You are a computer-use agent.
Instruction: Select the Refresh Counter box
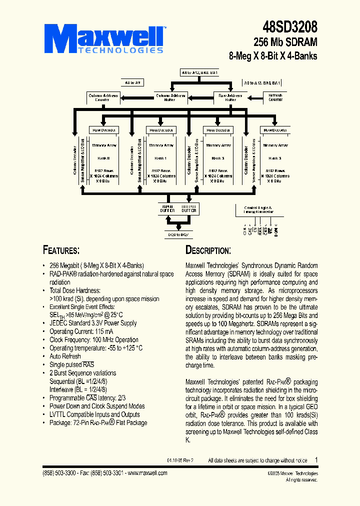[275, 97]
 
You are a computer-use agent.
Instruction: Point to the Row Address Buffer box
[230, 97]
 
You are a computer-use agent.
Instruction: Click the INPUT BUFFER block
[166, 209]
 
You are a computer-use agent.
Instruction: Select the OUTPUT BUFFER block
[189, 209]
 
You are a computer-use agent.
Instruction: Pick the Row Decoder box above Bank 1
[160, 130]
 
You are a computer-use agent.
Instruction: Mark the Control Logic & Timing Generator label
[258, 209]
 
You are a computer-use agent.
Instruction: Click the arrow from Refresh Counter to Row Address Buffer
[255, 97]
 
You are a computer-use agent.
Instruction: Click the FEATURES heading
[61, 250]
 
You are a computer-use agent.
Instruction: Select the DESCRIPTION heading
[208, 250]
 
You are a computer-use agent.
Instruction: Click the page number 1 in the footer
[316, 459]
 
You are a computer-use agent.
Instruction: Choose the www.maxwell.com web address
[148, 473]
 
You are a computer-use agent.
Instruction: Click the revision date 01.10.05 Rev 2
[180, 460]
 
